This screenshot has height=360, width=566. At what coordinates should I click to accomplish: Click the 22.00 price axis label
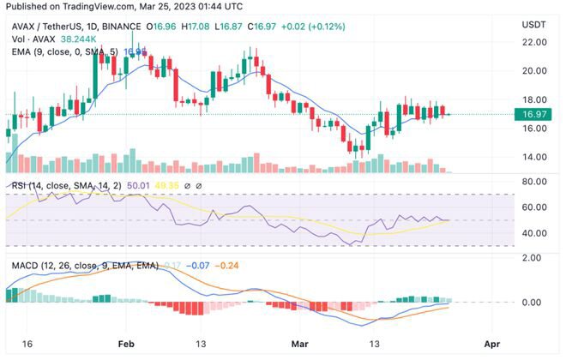534,42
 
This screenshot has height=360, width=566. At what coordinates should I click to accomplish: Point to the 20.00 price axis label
534,70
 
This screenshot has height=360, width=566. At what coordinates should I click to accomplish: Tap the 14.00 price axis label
534,157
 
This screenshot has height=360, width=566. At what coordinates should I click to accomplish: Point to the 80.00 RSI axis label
534,181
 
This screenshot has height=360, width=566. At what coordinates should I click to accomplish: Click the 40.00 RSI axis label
534,233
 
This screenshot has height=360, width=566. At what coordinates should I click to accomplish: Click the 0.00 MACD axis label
534,303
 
